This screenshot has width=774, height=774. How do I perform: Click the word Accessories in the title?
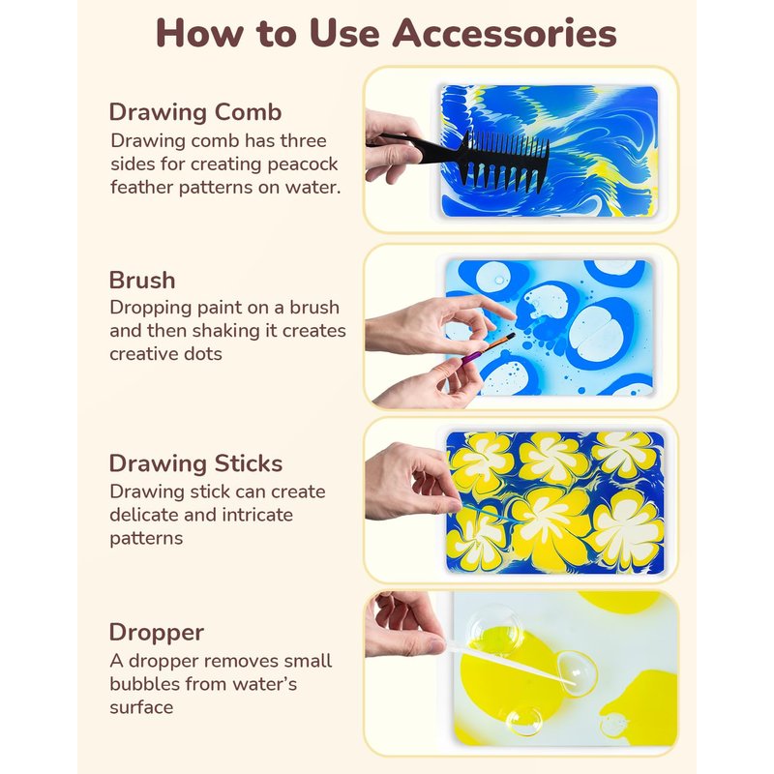(504, 33)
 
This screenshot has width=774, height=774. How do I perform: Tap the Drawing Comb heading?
(195, 112)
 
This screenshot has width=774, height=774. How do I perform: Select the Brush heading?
(142, 280)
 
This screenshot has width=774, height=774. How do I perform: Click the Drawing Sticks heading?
(195, 463)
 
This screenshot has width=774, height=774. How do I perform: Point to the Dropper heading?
(157, 633)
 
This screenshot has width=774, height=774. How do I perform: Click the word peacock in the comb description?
(303, 164)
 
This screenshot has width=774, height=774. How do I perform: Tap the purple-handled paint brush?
(488, 348)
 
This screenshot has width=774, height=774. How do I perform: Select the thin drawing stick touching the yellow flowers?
(489, 514)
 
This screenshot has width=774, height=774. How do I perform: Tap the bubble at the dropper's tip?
(577, 673)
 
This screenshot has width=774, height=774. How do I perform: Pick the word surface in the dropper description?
(141, 708)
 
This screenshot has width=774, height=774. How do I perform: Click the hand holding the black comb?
(393, 147)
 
